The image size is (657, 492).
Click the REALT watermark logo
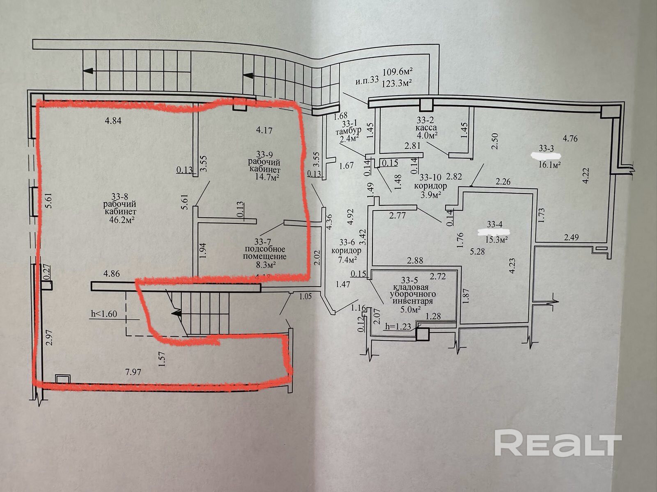tap(558, 442)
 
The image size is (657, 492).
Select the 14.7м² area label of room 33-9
tap(268, 177)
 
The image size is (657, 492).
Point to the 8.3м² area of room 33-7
tap(265, 265)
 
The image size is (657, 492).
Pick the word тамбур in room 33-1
tap(348, 132)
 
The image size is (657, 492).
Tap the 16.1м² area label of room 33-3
tap(550, 164)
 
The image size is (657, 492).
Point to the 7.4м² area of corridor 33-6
tap(347, 259)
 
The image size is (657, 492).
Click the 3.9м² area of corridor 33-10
tap(430, 194)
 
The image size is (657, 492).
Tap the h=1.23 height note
tap(398, 327)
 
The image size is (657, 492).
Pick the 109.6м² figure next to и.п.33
tap(397, 72)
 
